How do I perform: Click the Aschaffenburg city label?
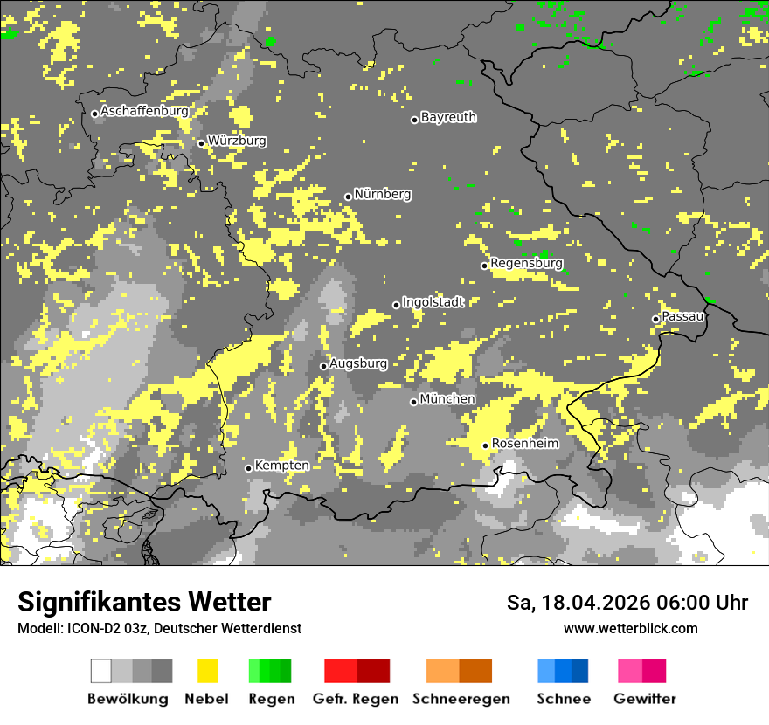point(144,112)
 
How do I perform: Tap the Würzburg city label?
point(237,141)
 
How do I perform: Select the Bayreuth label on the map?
point(448,117)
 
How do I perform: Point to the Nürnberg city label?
point(382,194)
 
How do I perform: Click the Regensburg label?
point(526,263)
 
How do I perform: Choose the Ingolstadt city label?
point(433,302)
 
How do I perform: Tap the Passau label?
point(682,316)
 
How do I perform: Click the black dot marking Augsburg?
point(323,366)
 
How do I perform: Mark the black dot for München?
point(414,402)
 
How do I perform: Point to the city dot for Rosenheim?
point(486,446)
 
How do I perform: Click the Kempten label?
point(281,466)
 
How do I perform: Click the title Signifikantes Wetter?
point(144,602)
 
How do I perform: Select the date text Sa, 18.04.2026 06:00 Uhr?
point(627,603)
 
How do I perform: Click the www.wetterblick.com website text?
point(630,628)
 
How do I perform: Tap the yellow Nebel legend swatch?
point(208,671)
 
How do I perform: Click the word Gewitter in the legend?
point(644,699)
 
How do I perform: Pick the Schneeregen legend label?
point(461,699)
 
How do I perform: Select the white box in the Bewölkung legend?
point(101,671)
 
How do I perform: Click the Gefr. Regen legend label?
point(355,699)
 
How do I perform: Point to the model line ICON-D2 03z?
point(159,628)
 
